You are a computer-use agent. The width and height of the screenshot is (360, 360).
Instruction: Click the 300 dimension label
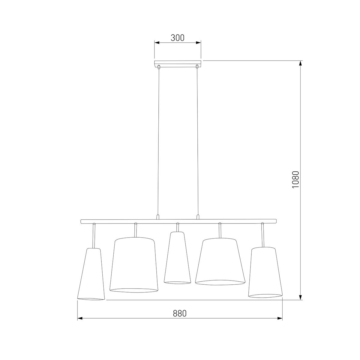(178, 38)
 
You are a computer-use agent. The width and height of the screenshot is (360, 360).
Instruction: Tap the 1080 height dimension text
(295, 179)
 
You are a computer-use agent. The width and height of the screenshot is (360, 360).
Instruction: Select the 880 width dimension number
(180, 313)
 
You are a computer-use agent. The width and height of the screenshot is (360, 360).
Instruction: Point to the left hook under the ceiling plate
(159, 67)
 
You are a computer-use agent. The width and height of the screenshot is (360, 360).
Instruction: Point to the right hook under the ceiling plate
(197, 67)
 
